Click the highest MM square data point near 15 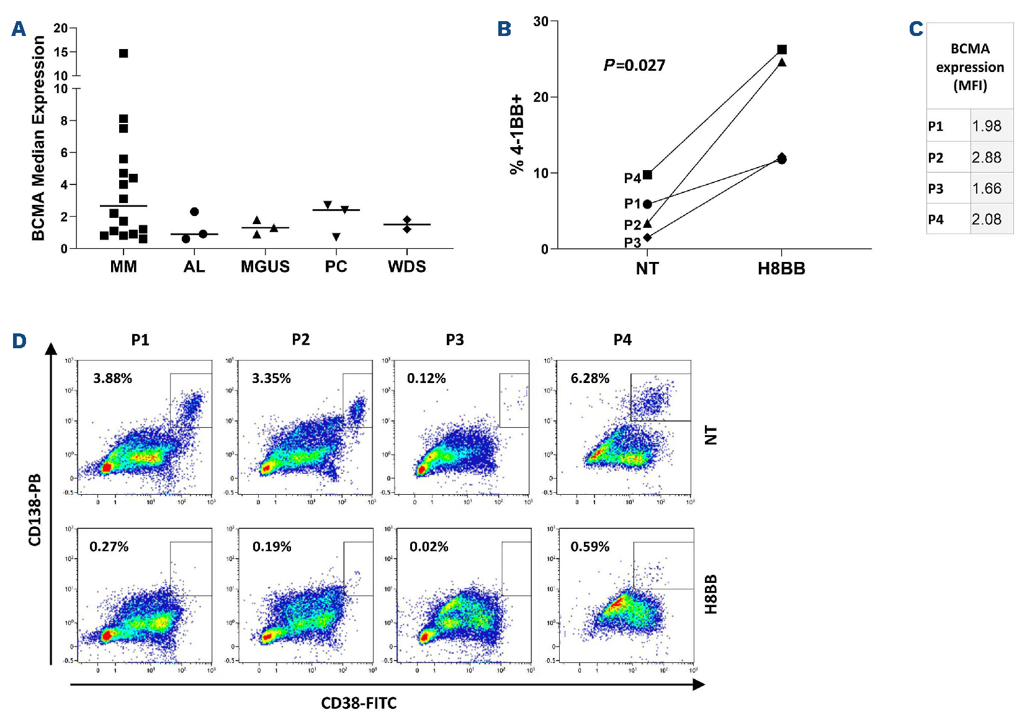(123, 53)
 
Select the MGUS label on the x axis (265, 267)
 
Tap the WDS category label (407, 267)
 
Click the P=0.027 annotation (634, 65)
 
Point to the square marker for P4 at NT (647, 175)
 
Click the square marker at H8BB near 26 (782, 50)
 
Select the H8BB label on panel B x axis (781, 269)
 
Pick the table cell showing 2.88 (986, 158)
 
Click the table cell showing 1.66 (986, 189)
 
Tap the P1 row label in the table (936, 127)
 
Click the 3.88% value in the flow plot (112, 379)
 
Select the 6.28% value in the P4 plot (590, 379)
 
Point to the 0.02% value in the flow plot (429, 547)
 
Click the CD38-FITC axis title (359, 703)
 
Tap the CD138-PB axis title (35, 510)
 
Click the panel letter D (19, 341)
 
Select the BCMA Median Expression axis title (38, 138)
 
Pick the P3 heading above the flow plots (455, 340)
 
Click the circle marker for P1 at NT (647, 204)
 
